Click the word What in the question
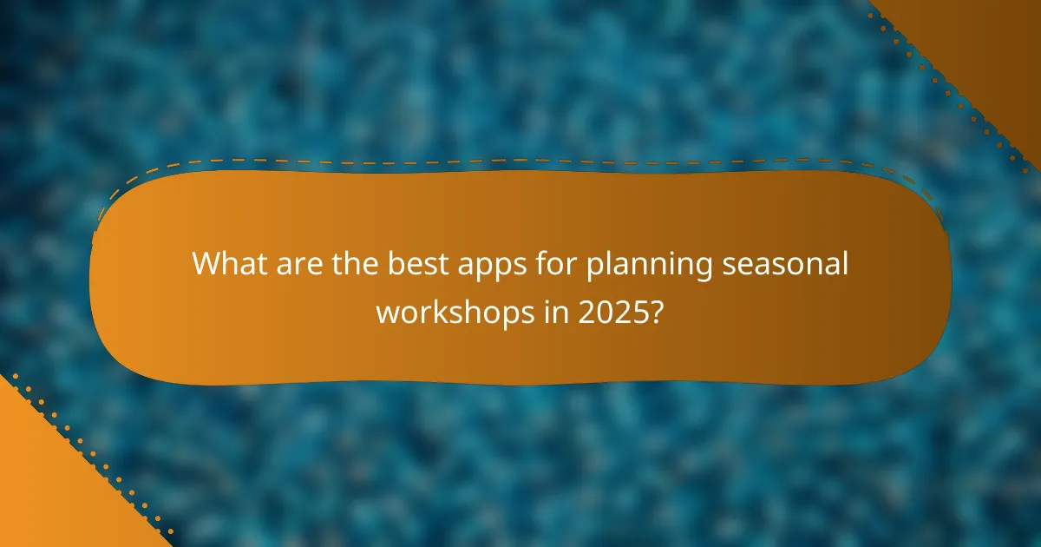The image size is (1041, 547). (x=228, y=262)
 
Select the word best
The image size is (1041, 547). (x=402, y=262)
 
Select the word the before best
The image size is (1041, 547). (x=344, y=262)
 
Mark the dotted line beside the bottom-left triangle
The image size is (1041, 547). (x=87, y=459)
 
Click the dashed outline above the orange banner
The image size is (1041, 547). (x=520, y=161)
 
